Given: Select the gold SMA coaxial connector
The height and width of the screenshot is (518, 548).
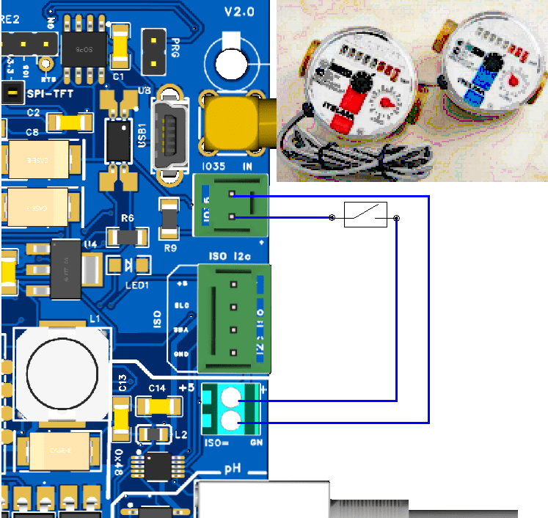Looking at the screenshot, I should coord(236,123).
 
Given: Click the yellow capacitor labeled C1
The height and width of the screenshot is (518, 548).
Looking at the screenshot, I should coord(120,47).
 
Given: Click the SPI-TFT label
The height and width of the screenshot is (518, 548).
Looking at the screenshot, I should coord(54,93).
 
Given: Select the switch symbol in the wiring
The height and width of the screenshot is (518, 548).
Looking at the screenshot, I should coord(365,214).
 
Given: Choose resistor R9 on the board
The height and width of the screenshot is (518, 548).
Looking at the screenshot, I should coord(169,219).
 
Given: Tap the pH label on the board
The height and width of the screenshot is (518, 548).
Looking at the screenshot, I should coord(233,468).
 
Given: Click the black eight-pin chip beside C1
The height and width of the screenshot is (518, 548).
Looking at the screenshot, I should coord(82,48).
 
